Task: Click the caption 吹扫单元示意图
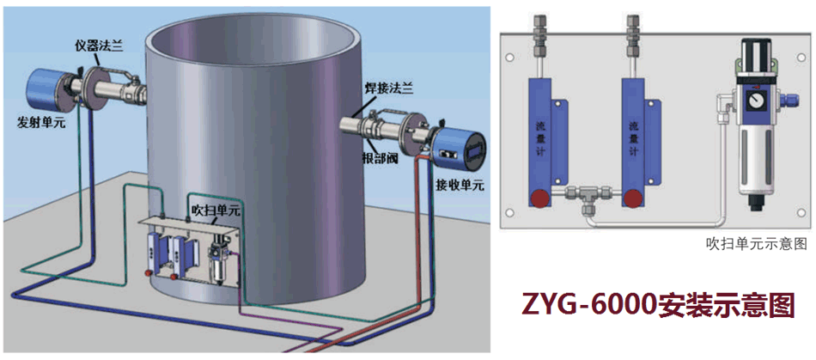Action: (755, 244)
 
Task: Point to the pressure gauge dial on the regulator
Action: (754, 100)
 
